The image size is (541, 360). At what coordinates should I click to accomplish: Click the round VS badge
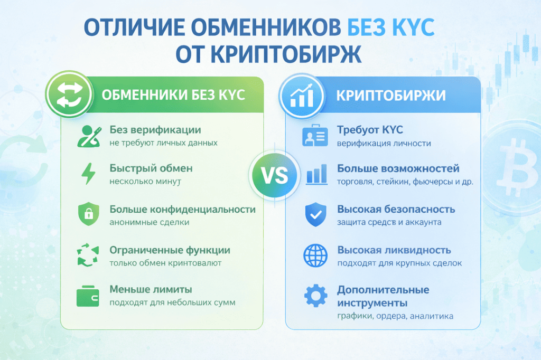pyautogui.click(x=275, y=175)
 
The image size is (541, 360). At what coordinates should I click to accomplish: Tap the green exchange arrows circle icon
pyautogui.click(x=69, y=94)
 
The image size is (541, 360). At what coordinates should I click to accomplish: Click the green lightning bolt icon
pyautogui.click(x=88, y=174)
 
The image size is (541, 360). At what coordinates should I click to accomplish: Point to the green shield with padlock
pyautogui.click(x=89, y=214)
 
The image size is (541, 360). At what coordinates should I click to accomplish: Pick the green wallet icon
pyautogui.click(x=88, y=296)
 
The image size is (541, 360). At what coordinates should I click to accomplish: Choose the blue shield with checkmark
pyautogui.click(x=316, y=214)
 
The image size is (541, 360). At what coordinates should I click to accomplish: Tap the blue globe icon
pyautogui.click(x=315, y=255)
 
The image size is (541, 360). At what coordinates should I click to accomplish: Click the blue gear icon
pyautogui.click(x=316, y=296)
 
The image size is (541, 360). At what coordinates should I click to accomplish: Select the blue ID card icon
pyautogui.click(x=315, y=136)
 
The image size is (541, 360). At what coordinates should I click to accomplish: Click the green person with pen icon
pyautogui.click(x=89, y=137)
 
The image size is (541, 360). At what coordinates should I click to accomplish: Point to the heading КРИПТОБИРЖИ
pyautogui.click(x=391, y=96)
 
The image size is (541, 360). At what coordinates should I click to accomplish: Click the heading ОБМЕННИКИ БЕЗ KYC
pyautogui.click(x=173, y=95)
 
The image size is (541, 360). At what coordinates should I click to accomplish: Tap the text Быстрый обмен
pyautogui.click(x=151, y=168)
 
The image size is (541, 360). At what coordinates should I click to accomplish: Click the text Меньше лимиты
pyautogui.click(x=151, y=289)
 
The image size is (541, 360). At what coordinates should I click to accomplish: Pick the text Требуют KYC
pyautogui.click(x=370, y=130)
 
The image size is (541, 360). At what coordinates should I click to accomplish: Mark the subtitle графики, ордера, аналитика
pyautogui.click(x=395, y=316)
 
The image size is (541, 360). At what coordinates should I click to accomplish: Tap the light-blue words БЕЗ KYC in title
pyautogui.click(x=390, y=27)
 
